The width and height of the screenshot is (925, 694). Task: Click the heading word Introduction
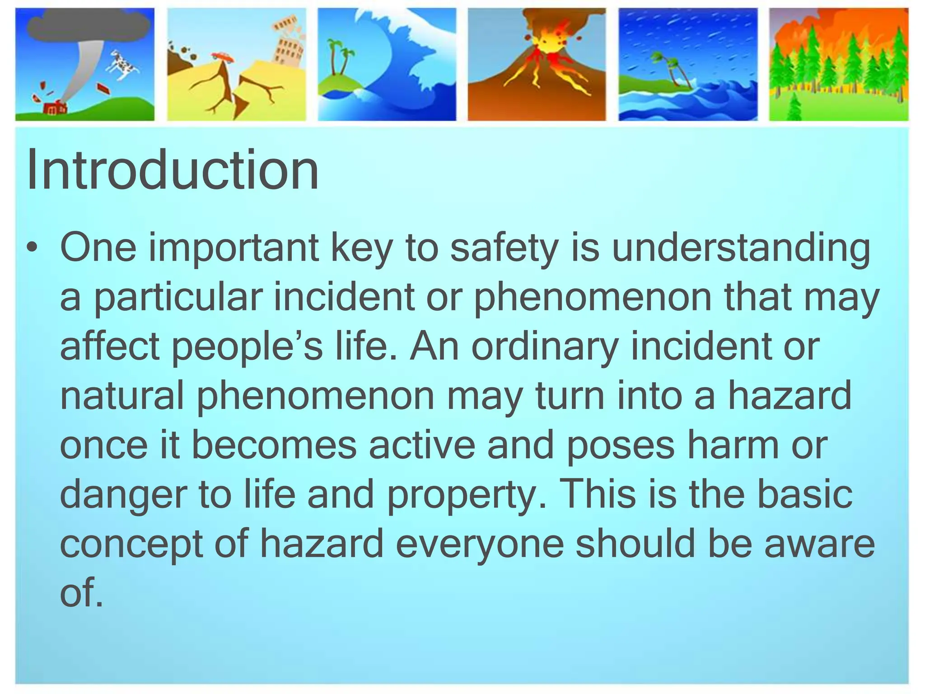click(x=173, y=171)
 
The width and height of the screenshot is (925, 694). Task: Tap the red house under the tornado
click(x=54, y=109)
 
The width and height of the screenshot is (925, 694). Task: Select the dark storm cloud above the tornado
click(x=88, y=25)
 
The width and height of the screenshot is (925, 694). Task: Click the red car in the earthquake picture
click(x=223, y=56)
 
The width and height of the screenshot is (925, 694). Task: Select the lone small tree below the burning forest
click(x=794, y=108)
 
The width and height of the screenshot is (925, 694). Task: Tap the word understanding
click(x=741, y=249)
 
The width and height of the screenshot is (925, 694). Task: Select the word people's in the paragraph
click(x=248, y=347)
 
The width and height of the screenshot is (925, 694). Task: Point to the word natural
click(x=122, y=396)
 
